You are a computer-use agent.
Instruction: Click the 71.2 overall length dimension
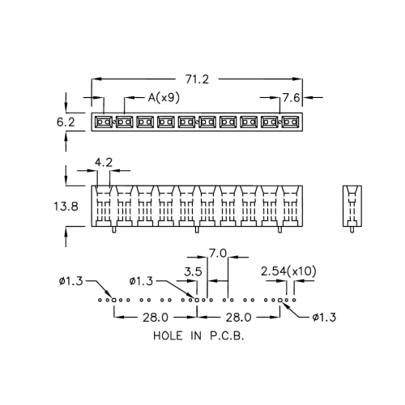tap(197, 79)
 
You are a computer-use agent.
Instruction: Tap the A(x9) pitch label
tap(164, 97)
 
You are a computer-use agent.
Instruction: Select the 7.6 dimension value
tap(292, 97)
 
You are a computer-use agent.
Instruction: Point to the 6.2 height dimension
tap(66, 122)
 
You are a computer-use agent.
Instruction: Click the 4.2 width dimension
tap(104, 162)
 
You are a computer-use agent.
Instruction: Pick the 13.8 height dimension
tap(66, 207)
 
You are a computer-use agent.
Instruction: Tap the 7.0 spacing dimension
tap(218, 254)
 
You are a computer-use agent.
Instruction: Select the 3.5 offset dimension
tap(193, 271)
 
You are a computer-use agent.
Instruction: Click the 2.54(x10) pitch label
tap(288, 271)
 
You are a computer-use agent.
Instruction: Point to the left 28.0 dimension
tap(156, 318)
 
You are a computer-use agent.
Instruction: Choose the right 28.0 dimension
tap(239, 318)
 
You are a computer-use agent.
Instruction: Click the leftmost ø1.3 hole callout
tap(70, 281)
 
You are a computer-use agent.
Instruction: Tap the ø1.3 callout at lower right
tap(324, 318)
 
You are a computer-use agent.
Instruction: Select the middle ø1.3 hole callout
tap(141, 281)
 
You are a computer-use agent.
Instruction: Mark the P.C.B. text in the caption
tap(227, 336)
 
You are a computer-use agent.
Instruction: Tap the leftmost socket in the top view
tap(103, 122)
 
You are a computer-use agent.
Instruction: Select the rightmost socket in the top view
tap(291, 122)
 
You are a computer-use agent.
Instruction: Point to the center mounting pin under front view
tap(197, 229)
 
